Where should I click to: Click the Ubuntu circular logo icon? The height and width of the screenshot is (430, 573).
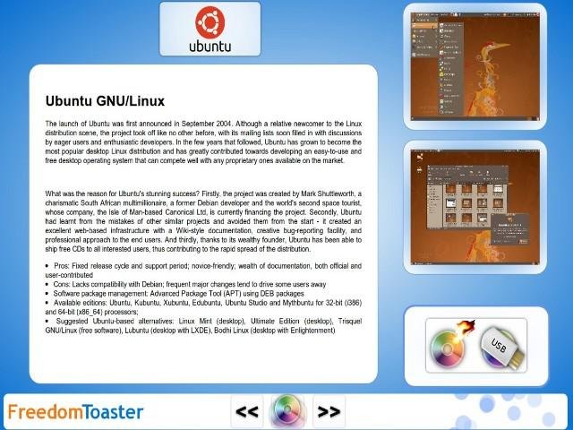point(208,21)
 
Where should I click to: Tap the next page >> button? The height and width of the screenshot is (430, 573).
point(329,412)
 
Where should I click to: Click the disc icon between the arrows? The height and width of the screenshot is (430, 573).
point(287,411)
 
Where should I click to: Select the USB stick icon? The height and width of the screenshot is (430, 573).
point(504,346)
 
